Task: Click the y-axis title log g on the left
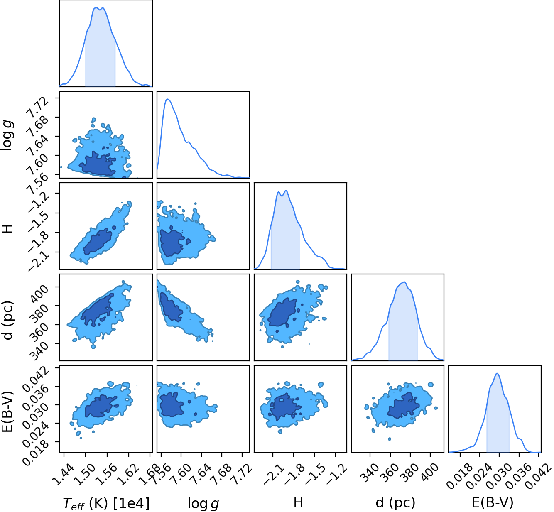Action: pyautogui.click(x=7, y=135)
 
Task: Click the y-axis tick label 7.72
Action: pyautogui.click(x=37, y=105)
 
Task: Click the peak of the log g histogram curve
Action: pyautogui.click(x=167, y=99)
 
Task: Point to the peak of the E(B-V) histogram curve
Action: pyautogui.click(x=497, y=373)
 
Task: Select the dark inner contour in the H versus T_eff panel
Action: pyautogui.click(x=98, y=242)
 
